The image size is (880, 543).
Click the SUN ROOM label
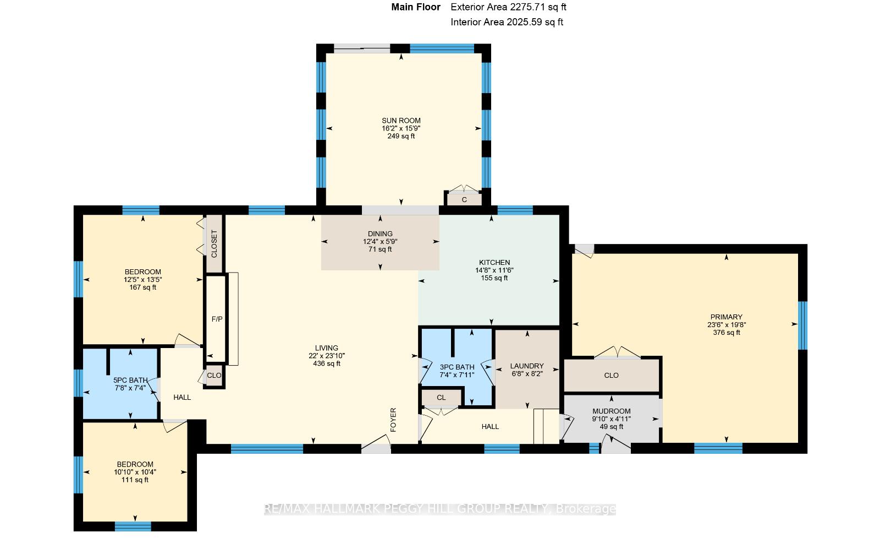coord(401,121)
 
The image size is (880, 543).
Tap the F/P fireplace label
coord(217,319)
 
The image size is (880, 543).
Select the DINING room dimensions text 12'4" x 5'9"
coord(380,242)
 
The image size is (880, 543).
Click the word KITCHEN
coord(494,263)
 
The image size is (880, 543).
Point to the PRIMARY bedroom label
coord(727,317)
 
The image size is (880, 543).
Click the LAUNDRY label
coord(527,366)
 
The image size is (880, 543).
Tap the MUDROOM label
coord(611,411)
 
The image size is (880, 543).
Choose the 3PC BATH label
coord(457,367)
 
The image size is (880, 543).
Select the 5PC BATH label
coord(130,380)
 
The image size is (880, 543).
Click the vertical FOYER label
coord(393,420)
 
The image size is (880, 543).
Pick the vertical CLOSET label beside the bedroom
coord(214,244)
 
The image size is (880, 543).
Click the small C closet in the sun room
coord(464,200)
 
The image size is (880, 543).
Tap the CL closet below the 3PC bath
coord(441,398)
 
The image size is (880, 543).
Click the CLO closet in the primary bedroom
coord(611,376)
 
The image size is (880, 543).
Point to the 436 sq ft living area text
coord(327,363)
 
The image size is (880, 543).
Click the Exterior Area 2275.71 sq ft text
coord(508,7)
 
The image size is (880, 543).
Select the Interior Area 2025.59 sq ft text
coord(507,22)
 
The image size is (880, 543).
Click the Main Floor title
coord(416,7)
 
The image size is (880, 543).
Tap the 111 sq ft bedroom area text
coord(135,480)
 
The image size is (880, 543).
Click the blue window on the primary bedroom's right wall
coord(802,325)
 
